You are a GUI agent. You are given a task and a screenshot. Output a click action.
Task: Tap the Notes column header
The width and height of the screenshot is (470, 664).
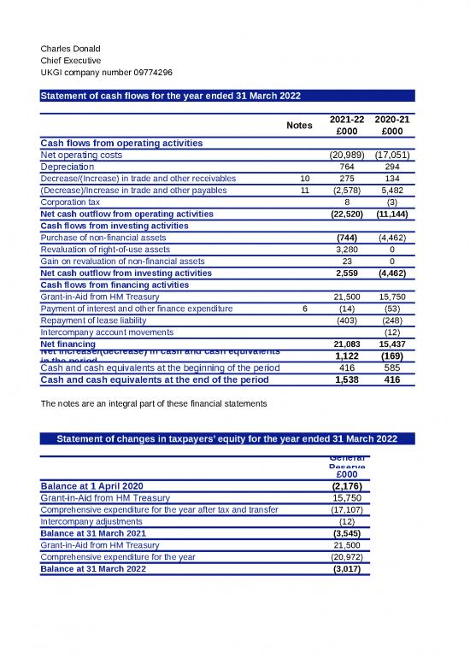(299, 126)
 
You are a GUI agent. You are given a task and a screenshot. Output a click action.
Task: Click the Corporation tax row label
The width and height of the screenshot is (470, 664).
(69, 203)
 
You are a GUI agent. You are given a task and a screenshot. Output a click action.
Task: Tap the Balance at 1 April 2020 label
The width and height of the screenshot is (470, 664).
(94, 486)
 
